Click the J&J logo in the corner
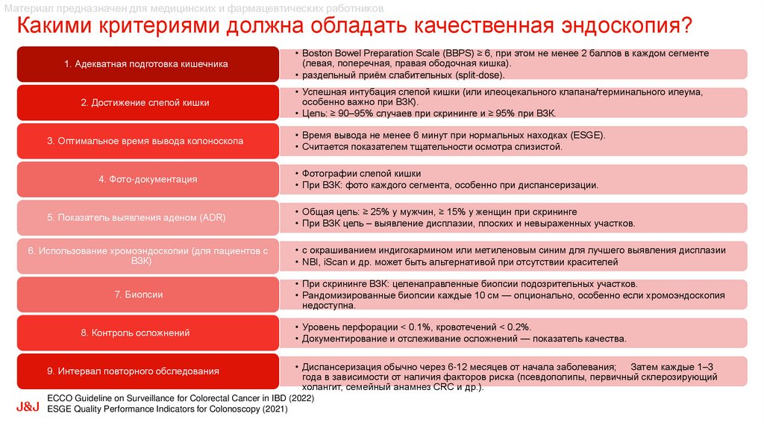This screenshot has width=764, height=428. tap(28, 408)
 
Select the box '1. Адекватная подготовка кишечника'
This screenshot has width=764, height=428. tap(146, 64)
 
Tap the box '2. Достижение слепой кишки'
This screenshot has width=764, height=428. tap(146, 102)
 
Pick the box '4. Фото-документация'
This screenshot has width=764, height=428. tap(146, 179)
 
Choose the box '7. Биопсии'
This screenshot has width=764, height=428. tap(146, 295)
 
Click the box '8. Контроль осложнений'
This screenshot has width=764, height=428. tap(146, 333)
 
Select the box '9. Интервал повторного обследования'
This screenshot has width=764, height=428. tap(146, 371)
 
